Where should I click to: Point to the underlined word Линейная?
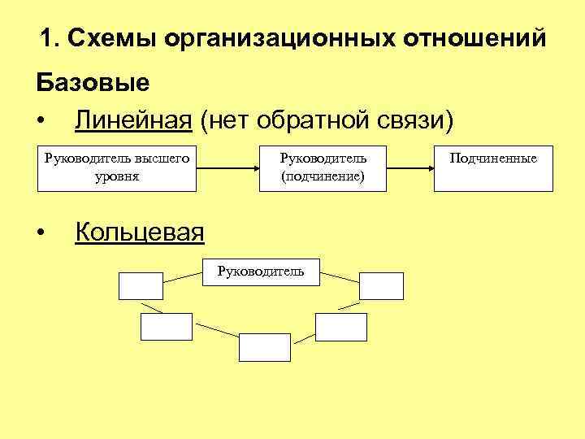pos(133,120)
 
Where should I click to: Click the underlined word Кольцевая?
pos(140,233)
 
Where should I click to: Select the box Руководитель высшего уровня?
pos(117,168)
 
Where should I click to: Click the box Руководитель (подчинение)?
pos(323,168)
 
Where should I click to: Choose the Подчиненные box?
pos(493,168)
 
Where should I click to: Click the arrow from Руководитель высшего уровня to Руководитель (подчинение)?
pos(227,168)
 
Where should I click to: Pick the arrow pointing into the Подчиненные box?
pos(409,168)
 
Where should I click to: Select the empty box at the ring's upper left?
pos(141,286)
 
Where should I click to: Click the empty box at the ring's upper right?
pos(382,286)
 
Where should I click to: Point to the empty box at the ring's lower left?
pos(166,326)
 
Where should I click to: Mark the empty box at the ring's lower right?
pos(341,326)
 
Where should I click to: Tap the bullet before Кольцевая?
pos(41,234)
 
